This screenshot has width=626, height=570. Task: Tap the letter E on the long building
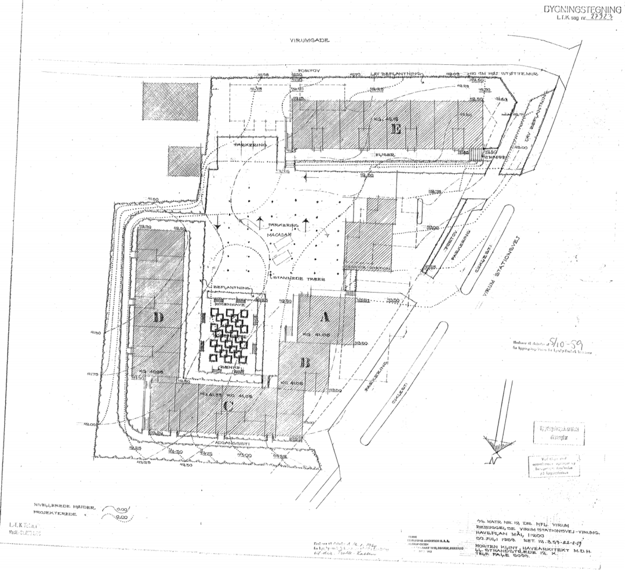(x=396, y=129)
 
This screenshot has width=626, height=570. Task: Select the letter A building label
(x=325, y=317)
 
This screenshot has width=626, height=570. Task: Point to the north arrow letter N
(x=494, y=459)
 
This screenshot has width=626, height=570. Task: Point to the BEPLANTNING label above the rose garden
(x=232, y=287)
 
